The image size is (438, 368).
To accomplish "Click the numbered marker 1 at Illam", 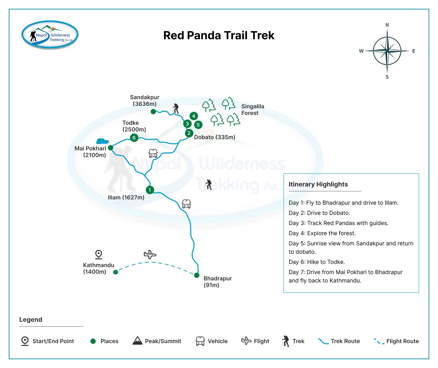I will (x=150, y=190).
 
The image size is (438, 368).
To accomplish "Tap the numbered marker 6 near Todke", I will (x=134, y=138).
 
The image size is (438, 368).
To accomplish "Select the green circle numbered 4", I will (x=193, y=116).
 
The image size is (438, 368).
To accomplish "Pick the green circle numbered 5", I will (x=198, y=124).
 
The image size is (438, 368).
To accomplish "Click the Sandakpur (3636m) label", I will (x=144, y=101).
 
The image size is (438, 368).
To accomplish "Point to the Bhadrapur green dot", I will (x=197, y=275).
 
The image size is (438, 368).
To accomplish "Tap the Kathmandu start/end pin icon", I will (x=98, y=254).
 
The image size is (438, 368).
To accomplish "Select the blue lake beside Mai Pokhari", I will (x=102, y=141).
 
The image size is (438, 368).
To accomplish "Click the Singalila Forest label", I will (x=252, y=110).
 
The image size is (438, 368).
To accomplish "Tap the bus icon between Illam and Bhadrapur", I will (x=186, y=204).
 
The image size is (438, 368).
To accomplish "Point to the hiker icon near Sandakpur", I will (x=176, y=108).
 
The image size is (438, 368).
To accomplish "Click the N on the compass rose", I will (x=387, y=25).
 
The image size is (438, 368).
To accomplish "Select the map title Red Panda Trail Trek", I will (x=219, y=35).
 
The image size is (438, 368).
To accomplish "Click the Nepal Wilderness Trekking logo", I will (x=50, y=35).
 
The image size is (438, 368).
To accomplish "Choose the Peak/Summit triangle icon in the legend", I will (x=137, y=341).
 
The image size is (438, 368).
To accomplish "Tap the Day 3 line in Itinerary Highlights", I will (x=338, y=223).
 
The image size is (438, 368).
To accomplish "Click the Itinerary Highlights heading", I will (x=318, y=184).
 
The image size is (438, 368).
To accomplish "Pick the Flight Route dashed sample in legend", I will (x=379, y=341).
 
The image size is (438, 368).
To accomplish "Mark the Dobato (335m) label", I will (x=214, y=137).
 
